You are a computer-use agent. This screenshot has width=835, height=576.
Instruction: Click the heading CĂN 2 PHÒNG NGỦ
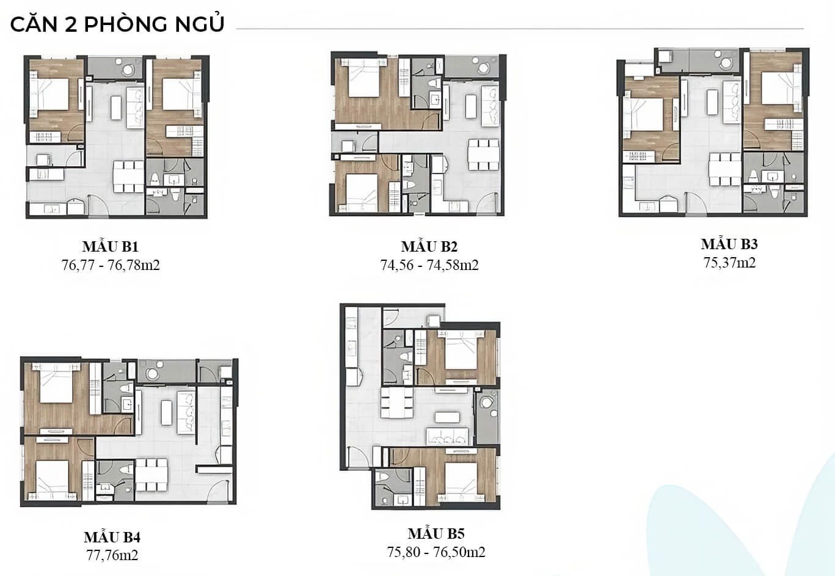click(117, 24)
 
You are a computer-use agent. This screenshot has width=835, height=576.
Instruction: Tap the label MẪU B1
click(111, 246)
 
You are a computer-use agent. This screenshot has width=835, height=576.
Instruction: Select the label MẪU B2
click(429, 246)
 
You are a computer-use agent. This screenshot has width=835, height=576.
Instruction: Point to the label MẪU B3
click(729, 244)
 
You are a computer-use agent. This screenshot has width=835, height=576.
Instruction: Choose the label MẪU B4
click(112, 538)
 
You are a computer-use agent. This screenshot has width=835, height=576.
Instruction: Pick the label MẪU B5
click(436, 533)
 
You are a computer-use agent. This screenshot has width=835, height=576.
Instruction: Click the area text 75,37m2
click(729, 263)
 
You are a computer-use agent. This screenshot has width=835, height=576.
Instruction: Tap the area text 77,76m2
click(112, 555)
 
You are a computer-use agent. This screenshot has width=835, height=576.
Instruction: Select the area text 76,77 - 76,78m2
click(111, 265)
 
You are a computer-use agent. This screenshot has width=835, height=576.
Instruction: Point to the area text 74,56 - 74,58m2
click(429, 265)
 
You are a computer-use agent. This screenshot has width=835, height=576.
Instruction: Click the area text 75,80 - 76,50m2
click(436, 552)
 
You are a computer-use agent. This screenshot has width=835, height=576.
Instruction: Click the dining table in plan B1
click(128, 177)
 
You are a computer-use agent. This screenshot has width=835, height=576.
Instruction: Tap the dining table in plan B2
click(484, 155)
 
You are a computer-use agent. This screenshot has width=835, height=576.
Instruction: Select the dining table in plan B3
click(724, 170)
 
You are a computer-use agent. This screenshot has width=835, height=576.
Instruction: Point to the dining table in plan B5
click(396, 403)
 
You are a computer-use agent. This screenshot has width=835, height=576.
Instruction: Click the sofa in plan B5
click(447, 436)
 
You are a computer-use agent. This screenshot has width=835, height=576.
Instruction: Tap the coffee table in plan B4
click(166, 413)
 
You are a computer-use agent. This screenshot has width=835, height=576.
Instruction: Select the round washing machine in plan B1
click(128, 70)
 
